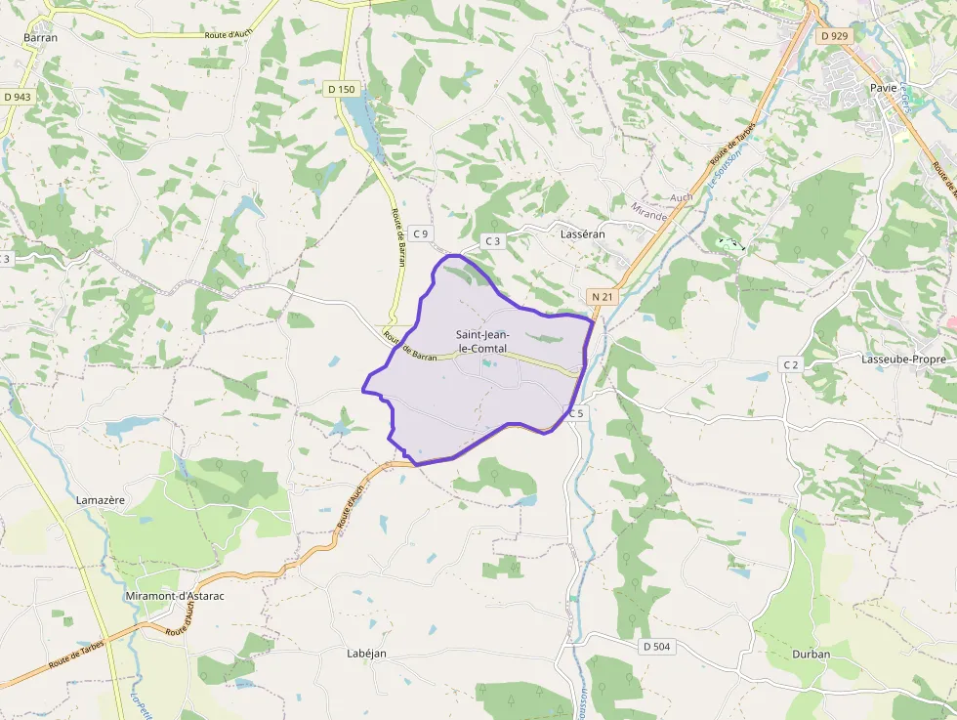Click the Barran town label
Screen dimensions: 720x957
pyautogui.click(x=40, y=38)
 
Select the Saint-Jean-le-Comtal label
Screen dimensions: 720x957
pyautogui.click(x=482, y=341)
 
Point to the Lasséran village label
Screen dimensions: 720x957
pyautogui.click(x=583, y=234)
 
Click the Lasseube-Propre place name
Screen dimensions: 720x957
pyautogui.click(x=902, y=359)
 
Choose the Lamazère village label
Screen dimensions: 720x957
pyautogui.click(x=101, y=500)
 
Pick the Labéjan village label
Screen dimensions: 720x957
pyautogui.click(x=367, y=653)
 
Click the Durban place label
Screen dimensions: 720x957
pyautogui.click(x=811, y=655)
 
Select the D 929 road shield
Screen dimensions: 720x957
pyautogui.click(x=835, y=36)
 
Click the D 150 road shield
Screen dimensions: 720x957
pyautogui.click(x=342, y=89)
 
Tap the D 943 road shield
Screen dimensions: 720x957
pyautogui.click(x=18, y=97)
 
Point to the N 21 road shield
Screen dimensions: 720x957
pyautogui.click(x=601, y=295)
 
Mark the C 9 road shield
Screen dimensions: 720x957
pyautogui.click(x=421, y=233)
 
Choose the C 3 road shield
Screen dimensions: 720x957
pyautogui.click(x=492, y=240)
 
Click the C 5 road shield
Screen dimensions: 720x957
pyautogui.click(x=575, y=413)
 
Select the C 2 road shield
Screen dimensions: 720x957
pyautogui.click(x=790, y=364)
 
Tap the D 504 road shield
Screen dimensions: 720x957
pyautogui.click(x=657, y=647)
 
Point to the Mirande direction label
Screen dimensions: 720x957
pyautogui.click(x=648, y=211)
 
